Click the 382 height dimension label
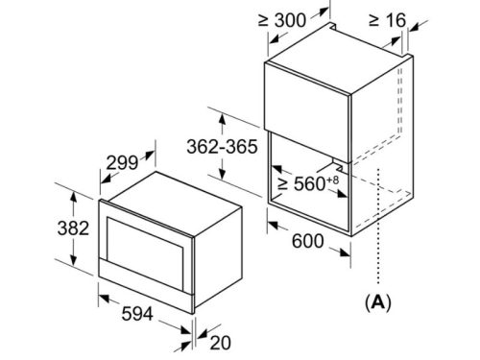(73, 228)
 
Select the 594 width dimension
(137, 314)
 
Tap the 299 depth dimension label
(122, 162)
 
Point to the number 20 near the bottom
(220, 343)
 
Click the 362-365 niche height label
(222, 147)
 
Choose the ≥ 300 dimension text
(282, 20)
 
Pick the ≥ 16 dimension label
(387, 20)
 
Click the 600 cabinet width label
(308, 241)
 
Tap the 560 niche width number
(310, 183)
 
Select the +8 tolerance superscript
(332, 180)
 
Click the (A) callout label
(378, 301)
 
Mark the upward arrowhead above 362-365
(222, 121)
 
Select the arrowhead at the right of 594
(185, 330)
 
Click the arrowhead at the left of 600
(274, 225)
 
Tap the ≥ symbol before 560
(283, 183)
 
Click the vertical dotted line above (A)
(378, 226)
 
